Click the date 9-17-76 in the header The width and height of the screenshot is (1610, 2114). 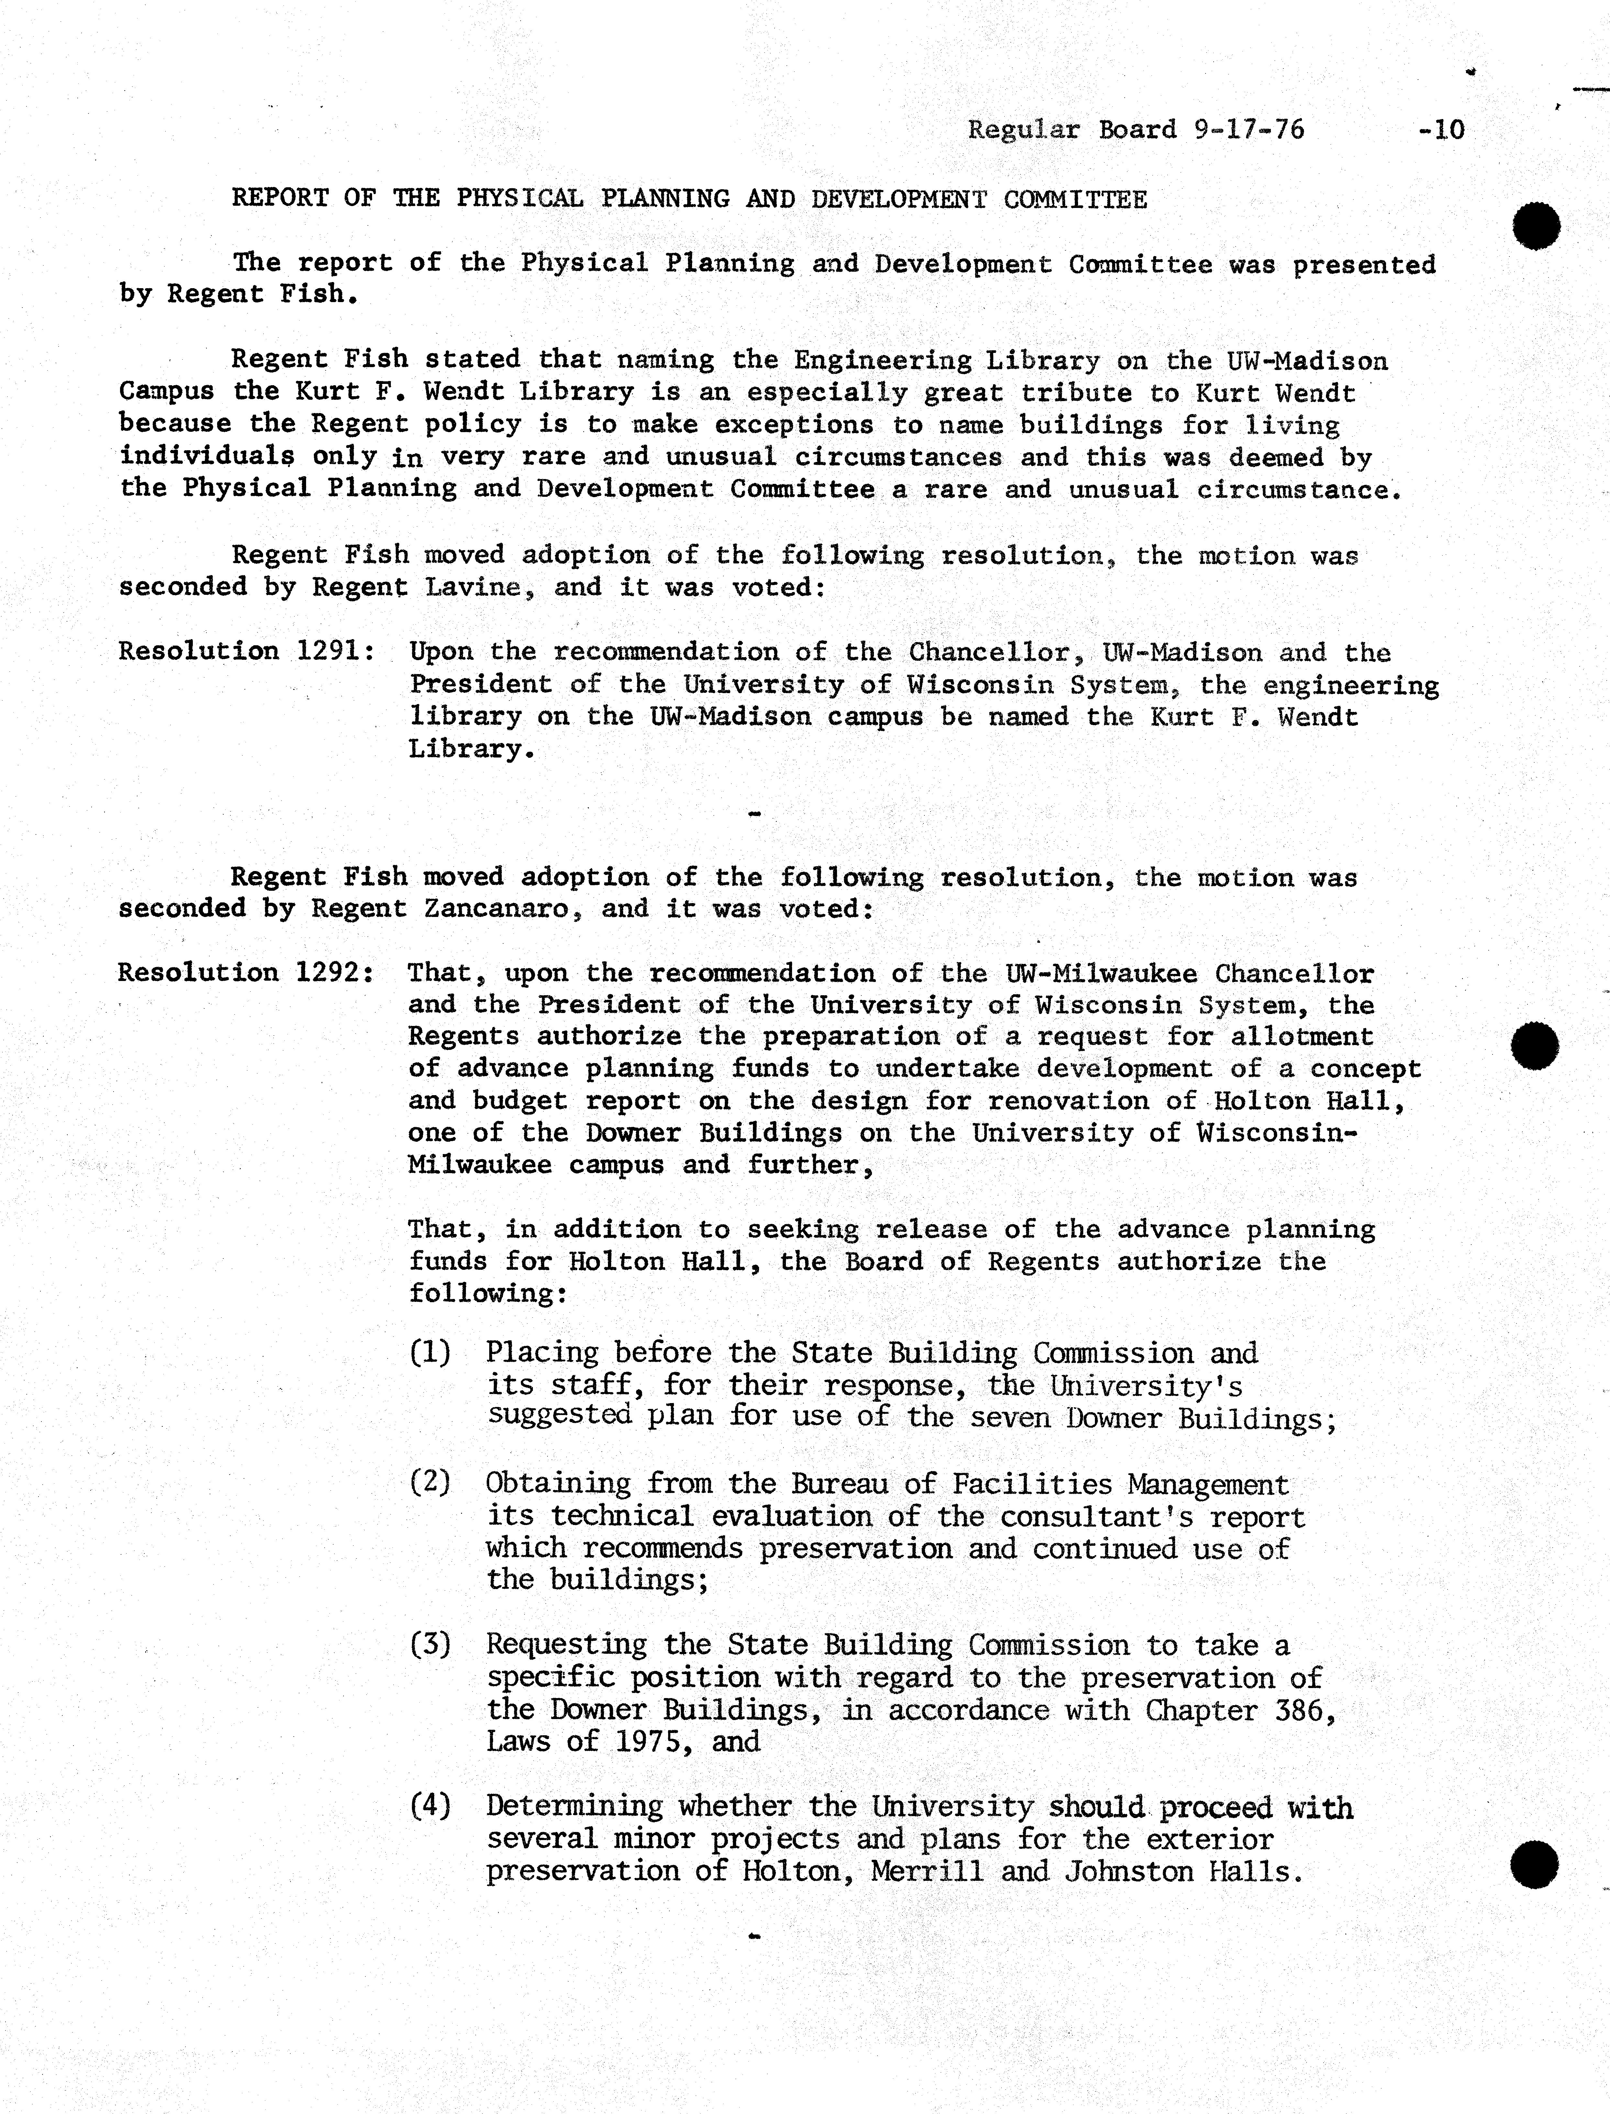(x=1250, y=129)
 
